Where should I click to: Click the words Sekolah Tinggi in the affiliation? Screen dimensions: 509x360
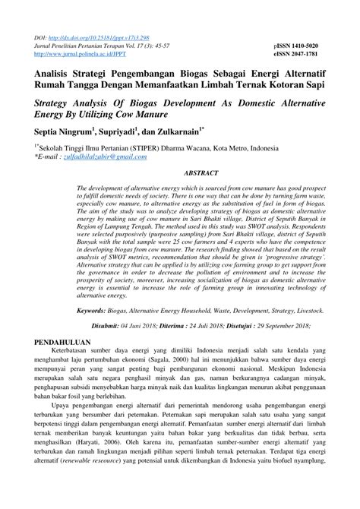click(64, 148)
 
